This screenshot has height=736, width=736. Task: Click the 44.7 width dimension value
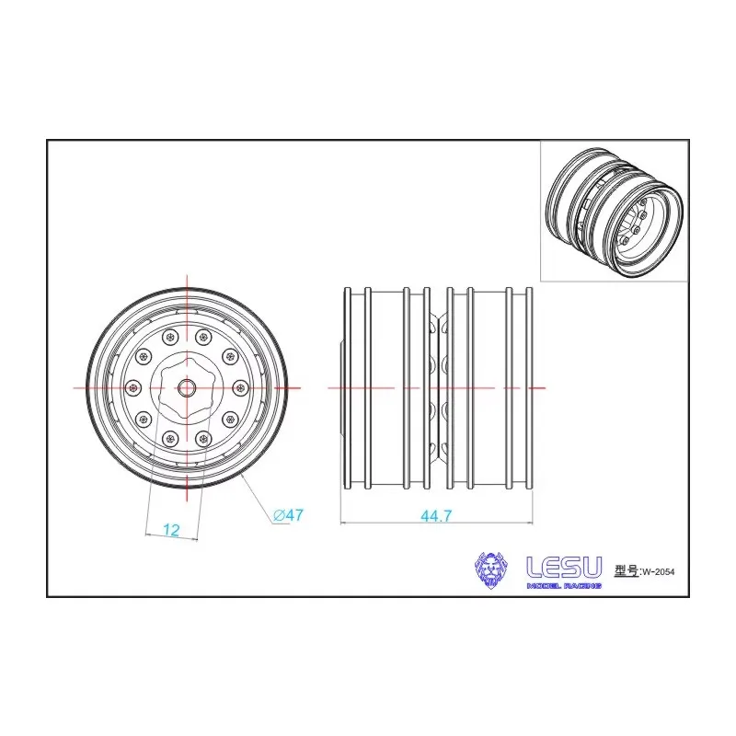[x=436, y=515]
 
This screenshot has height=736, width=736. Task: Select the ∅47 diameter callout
[x=288, y=515]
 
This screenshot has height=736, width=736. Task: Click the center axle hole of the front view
[x=186, y=386]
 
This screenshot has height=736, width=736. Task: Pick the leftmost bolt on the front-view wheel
[x=132, y=386]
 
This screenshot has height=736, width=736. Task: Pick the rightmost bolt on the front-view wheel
[x=239, y=386]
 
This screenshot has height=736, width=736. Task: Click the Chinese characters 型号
[x=626, y=570]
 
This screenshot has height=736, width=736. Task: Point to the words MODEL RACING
[x=563, y=585]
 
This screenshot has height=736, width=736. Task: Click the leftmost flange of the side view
[x=346, y=386]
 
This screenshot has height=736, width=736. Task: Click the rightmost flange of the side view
[x=529, y=386]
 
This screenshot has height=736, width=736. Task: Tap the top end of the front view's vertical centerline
[x=186, y=273]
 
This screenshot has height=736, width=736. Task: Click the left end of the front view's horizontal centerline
[x=74, y=386]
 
